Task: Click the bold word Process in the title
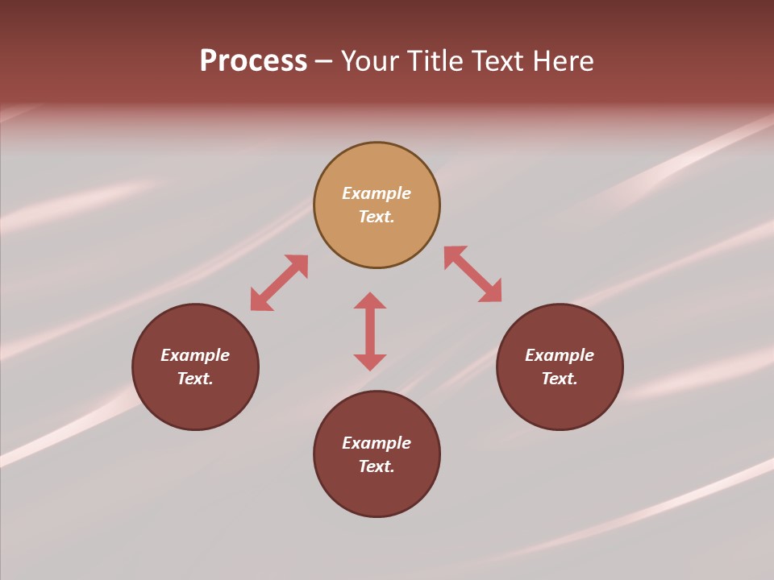(x=253, y=61)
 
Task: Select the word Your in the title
(x=371, y=61)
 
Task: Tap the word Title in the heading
(x=438, y=61)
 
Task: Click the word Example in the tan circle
(x=377, y=193)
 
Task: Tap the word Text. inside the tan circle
(x=377, y=217)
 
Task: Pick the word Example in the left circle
(x=195, y=355)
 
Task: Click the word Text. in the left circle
(x=195, y=379)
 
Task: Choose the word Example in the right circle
(x=560, y=355)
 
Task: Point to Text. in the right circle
(x=560, y=379)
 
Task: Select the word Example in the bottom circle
(x=377, y=443)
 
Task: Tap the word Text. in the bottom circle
(x=377, y=466)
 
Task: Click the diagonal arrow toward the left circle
(x=279, y=283)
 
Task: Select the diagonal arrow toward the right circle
(x=472, y=274)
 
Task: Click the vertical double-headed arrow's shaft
(x=370, y=331)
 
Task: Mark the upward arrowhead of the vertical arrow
(x=370, y=300)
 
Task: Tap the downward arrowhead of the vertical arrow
(x=370, y=362)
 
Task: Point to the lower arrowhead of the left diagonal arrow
(x=260, y=301)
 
